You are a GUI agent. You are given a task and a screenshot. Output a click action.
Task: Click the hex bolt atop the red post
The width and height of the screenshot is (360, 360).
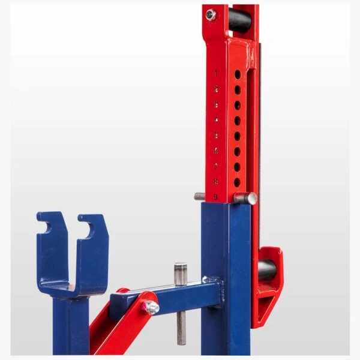point(211,15)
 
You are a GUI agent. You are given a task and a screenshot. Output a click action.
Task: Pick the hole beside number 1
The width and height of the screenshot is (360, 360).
point(237,74)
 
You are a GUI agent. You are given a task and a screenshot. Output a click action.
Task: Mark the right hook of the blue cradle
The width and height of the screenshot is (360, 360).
point(90,226)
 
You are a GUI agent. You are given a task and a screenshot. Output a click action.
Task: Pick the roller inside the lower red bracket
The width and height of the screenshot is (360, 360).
point(268,271)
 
